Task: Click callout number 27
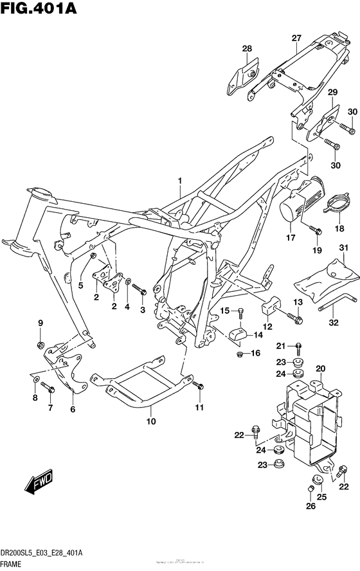click(295, 38)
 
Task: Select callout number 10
click(150, 422)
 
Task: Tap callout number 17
click(290, 238)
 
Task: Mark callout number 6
click(72, 409)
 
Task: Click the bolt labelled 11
click(199, 386)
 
